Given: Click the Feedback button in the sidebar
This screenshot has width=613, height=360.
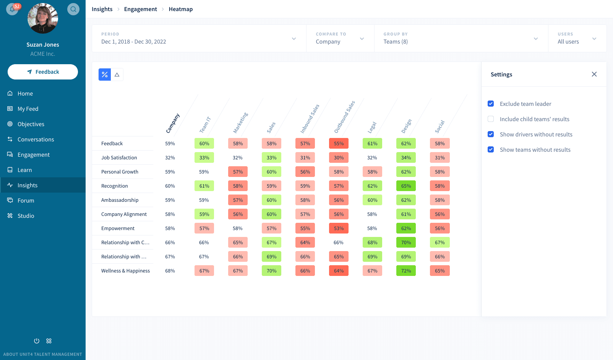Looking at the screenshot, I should point(43,72).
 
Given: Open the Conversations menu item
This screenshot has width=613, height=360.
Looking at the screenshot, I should point(36,139).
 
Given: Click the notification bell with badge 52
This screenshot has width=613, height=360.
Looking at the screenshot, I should point(12,9).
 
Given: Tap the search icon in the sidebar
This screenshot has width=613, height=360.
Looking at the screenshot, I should point(73,9).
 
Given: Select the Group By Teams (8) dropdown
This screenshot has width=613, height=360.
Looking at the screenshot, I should point(461,39).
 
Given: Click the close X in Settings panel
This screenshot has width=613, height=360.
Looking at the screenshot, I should point(594,74).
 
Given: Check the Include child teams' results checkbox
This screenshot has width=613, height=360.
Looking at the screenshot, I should point(491,119).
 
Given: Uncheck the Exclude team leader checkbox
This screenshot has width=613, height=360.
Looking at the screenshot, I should point(491,104).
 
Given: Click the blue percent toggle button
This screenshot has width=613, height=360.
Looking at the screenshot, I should point(105,75).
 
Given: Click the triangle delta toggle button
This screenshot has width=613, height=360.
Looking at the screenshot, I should point(117,75).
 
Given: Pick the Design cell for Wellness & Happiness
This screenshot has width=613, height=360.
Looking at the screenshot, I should point(406,271).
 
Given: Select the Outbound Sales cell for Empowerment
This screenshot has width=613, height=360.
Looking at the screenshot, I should point(339,229).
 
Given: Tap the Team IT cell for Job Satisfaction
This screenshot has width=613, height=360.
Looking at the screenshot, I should point(204,158).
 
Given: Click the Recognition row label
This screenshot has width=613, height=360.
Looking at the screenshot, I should point(115,186).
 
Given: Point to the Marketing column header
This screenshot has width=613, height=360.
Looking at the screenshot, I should point(240,123).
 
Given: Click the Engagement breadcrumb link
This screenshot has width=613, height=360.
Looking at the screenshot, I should point(140,9).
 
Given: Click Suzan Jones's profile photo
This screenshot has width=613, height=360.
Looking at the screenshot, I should point(43,18).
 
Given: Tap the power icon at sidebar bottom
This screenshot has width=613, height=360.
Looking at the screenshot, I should point(37,341).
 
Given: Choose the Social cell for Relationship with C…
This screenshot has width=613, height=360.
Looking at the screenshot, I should point(439,243).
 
